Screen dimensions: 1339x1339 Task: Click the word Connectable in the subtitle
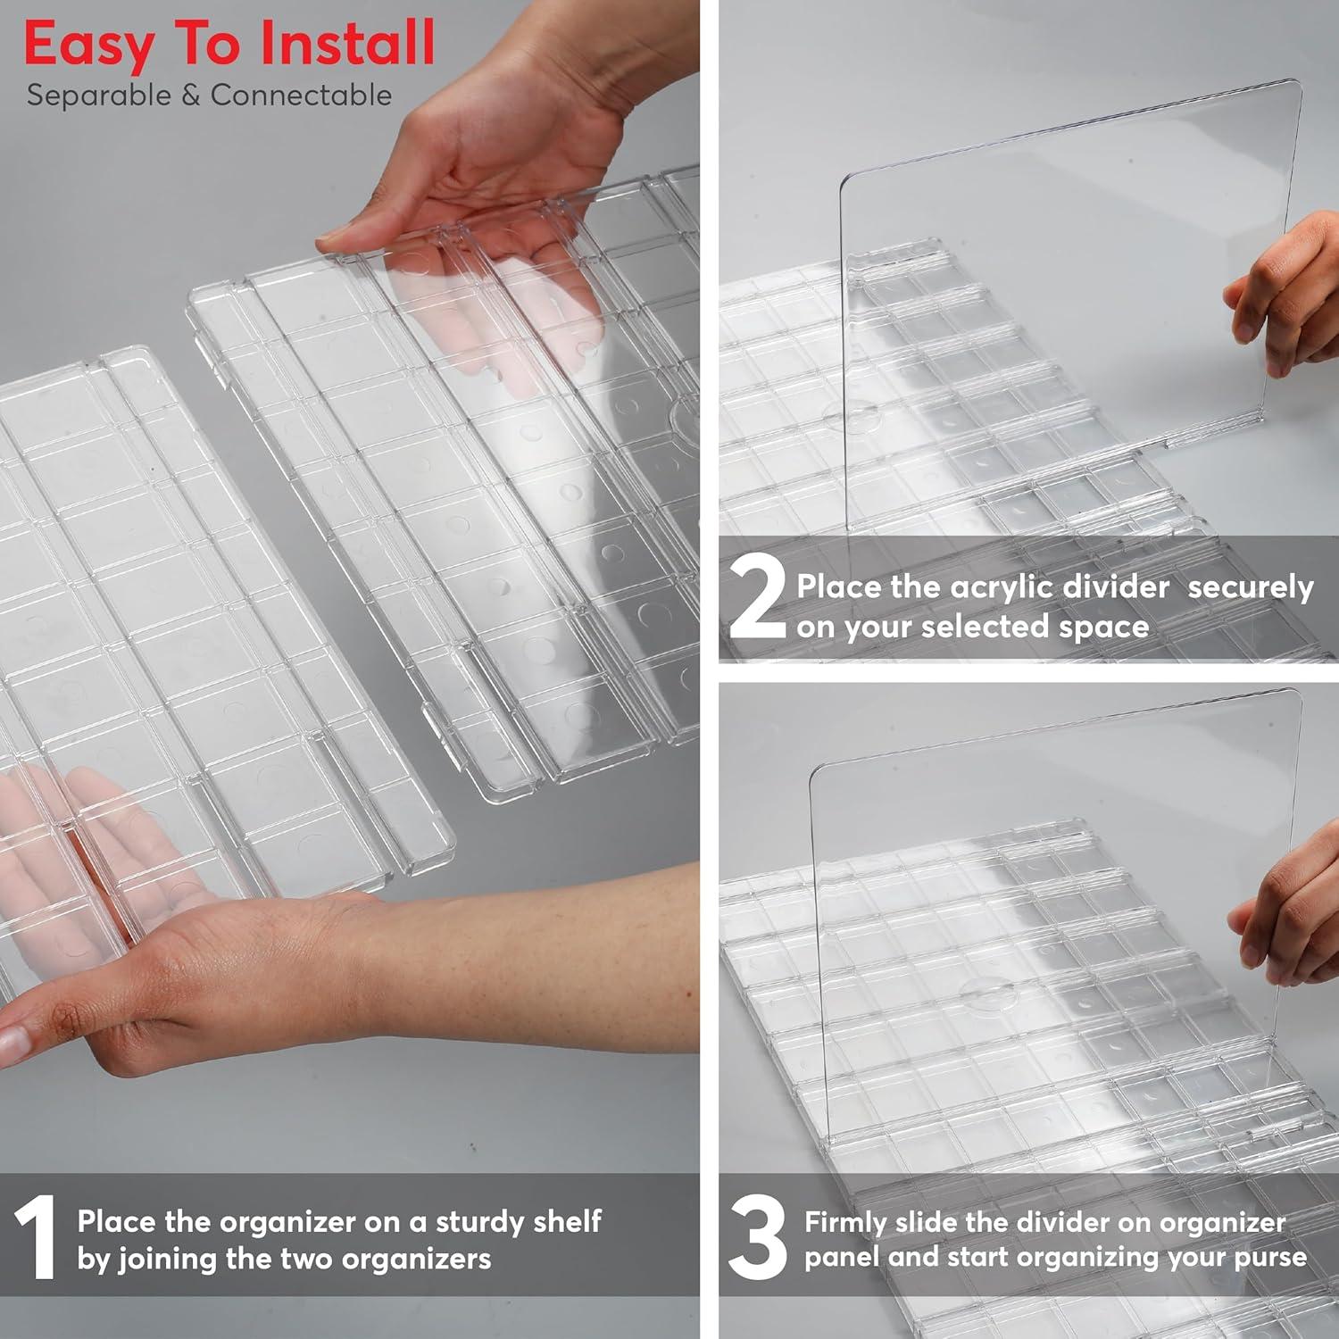[x=301, y=95]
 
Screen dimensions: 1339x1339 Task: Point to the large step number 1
[x=36, y=1237]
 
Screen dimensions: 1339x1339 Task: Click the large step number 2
[x=757, y=598]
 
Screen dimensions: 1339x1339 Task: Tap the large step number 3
[x=757, y=1237]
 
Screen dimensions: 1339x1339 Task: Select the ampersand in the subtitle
[x=190, y=96]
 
